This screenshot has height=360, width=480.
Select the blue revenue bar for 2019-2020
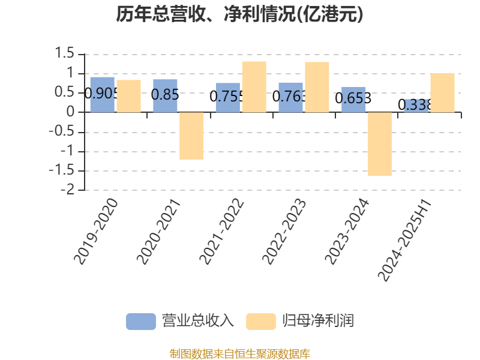pos(103,95)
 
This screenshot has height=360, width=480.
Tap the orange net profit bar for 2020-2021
pos(191,136)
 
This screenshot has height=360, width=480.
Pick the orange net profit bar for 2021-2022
pos(254,87)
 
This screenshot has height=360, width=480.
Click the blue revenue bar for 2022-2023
pos(291,98)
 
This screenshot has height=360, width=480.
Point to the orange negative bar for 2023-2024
pos(380,144)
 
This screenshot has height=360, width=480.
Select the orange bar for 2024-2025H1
pos(443,93)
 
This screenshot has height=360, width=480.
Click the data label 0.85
pos(165,95)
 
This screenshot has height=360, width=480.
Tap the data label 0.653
pos(353,98)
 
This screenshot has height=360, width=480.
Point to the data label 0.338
pos(415,105)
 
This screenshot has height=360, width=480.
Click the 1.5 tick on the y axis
pos(64,53)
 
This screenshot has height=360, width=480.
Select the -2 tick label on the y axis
pos(67,190)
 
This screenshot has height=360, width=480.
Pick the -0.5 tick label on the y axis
pos(62,131)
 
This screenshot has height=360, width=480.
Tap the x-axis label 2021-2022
pos(221,232)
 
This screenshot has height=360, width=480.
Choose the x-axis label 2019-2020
pos(96,232)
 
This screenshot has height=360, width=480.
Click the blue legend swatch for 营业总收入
pos(141,322)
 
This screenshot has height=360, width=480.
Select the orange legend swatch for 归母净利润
pos(261,322)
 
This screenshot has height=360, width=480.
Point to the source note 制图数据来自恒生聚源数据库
pos(240,354)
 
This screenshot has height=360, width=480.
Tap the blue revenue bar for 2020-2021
pos(165,96)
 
